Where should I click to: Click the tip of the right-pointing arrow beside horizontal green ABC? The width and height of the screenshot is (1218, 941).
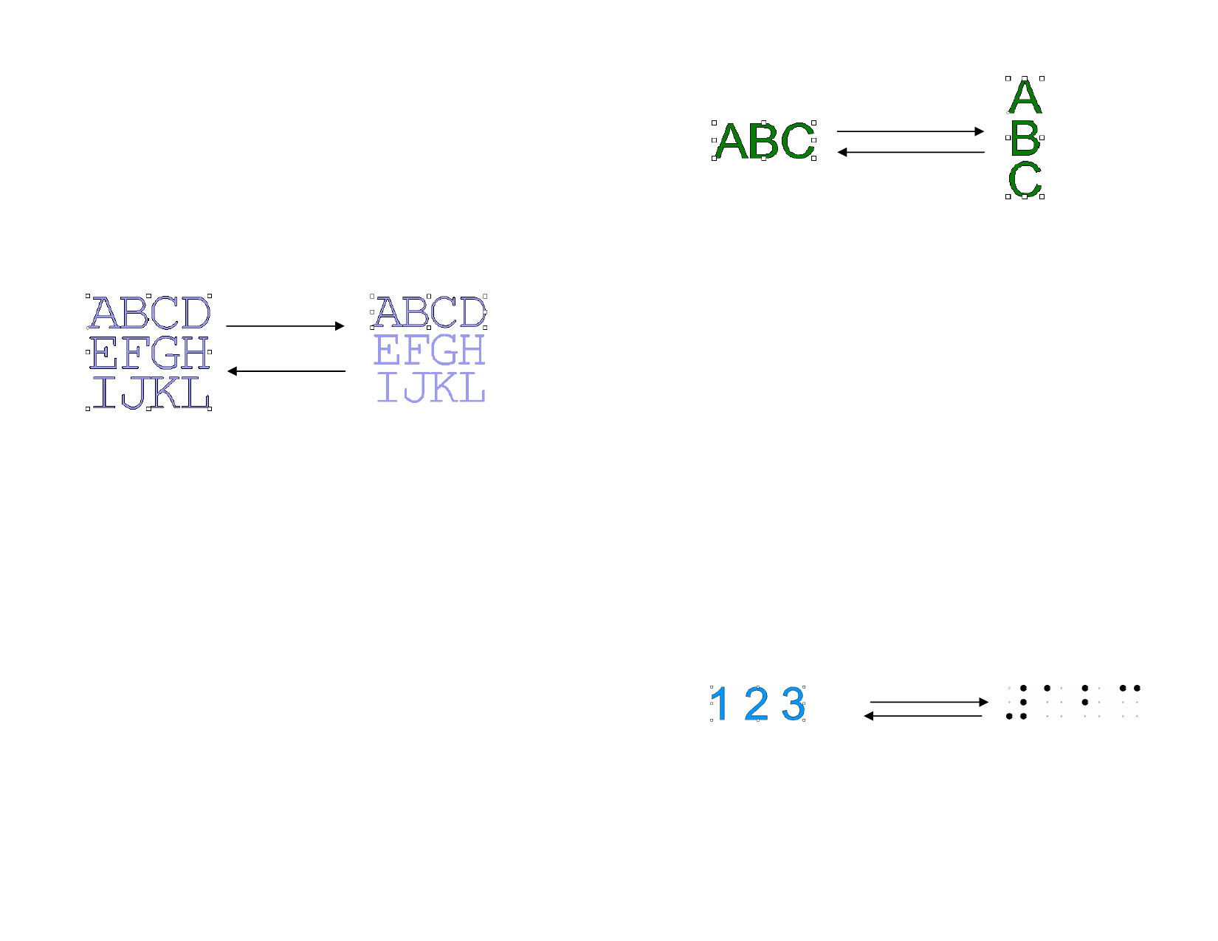[984, 131]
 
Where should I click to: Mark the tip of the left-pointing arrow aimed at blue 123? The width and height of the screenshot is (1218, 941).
[864, 716]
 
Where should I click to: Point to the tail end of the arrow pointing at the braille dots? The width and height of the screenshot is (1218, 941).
[870, 702]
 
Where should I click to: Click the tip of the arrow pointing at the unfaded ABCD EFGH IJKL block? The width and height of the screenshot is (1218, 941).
[227, 371]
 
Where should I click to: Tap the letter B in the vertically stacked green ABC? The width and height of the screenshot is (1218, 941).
[1025, 138]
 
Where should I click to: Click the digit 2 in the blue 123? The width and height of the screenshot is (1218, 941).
[757, 703]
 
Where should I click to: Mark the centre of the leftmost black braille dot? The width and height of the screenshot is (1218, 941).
[1009, 716]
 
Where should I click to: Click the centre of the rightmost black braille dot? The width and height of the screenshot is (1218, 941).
[1137, 688]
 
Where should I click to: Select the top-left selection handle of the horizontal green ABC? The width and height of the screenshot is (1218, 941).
[714, 123]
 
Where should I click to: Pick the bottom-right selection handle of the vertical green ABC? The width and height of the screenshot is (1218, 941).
[1042, 197]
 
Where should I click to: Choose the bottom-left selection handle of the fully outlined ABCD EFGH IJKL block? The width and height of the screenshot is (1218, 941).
[88, 409]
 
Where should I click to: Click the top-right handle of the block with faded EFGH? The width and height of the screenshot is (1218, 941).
[485, 296]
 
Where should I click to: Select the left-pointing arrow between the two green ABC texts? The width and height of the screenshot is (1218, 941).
[911, 152]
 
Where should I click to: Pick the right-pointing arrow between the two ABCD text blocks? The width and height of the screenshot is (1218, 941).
[285, 325]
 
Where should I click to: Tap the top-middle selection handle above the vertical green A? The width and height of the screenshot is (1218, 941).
[1025, 78]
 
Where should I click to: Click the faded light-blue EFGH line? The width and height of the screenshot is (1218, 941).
[430, 349]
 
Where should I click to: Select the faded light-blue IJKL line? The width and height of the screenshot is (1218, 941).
[431, 387]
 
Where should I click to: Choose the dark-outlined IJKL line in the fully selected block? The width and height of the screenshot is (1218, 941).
[151, 393]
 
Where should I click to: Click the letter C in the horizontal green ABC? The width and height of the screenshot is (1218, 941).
[798, 141]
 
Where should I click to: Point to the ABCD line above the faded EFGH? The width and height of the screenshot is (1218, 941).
[430, 312]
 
